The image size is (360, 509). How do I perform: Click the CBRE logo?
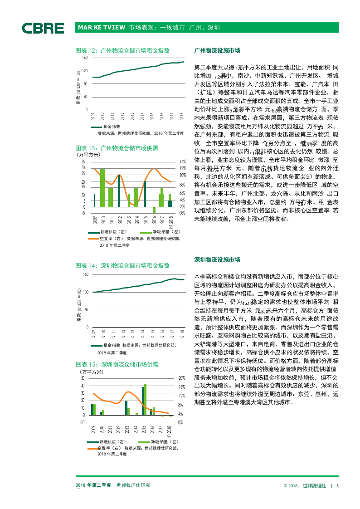43,28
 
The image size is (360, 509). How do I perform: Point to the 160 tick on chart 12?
85,58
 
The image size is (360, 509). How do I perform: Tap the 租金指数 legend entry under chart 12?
112,127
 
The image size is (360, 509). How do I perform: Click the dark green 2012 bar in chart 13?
119,191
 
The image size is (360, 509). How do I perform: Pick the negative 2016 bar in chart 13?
154,210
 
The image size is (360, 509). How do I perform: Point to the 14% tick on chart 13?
183,162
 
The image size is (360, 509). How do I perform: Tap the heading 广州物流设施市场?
217,50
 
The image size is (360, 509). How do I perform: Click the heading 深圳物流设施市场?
217,259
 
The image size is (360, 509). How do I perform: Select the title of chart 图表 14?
122,265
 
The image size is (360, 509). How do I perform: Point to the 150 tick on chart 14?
85,275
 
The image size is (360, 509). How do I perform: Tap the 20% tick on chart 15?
181,378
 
